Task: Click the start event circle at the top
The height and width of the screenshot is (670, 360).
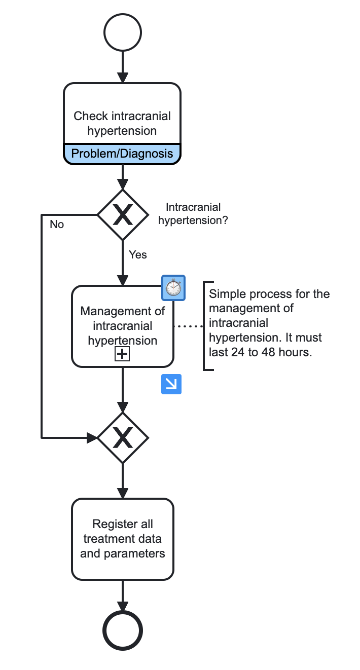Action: click(122, 32)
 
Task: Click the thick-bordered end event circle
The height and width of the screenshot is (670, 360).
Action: click(122, 630)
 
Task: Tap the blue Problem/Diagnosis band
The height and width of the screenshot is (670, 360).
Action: click(122, 154)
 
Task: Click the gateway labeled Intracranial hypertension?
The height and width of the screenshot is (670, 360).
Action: click(122, 215)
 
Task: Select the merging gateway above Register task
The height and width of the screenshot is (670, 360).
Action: click(122, 437)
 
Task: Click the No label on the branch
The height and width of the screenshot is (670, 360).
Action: click(57, 224)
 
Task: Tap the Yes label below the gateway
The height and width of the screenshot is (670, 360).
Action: click(137, 254)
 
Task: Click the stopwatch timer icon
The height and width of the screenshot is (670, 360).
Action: click(173, 287)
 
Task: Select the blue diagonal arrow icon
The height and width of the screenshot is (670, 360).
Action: click(171, 384)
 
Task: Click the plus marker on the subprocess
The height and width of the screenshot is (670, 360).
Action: click(122, 354)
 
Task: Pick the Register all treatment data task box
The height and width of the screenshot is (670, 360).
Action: click(122, 538)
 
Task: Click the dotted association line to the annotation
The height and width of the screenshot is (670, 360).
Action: click(189, 326)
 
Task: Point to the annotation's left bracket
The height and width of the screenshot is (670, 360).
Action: click(204, 326)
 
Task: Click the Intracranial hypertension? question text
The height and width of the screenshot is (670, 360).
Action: click(193, 213)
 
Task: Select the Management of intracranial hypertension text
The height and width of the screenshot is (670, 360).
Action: click(122, 325)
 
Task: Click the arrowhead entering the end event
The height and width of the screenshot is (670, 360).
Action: click(122, 606)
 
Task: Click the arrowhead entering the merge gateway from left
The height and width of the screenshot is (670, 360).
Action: click(92, 437)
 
